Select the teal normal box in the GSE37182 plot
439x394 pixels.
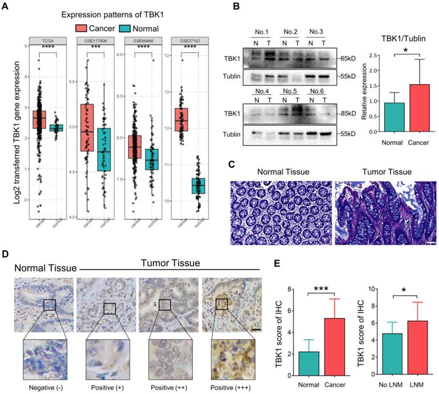click(x=198, y=186)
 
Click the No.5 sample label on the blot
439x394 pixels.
click(x=289, y=91)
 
